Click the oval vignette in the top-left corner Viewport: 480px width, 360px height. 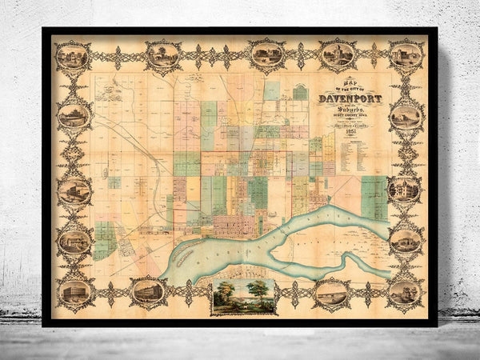(73, 57)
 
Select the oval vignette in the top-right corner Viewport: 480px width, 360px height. (406, 56)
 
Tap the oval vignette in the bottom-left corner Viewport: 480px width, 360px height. (74, 292)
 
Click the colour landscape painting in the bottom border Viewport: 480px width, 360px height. (244, 296)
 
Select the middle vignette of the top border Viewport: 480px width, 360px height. (266, 54)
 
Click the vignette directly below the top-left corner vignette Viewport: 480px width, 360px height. (74, 116)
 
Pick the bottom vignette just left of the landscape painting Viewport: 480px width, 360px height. (149, 292)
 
